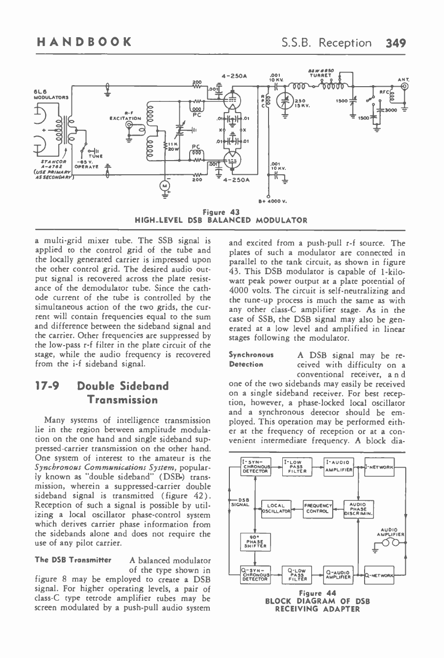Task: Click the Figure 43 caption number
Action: tap(222, 212)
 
